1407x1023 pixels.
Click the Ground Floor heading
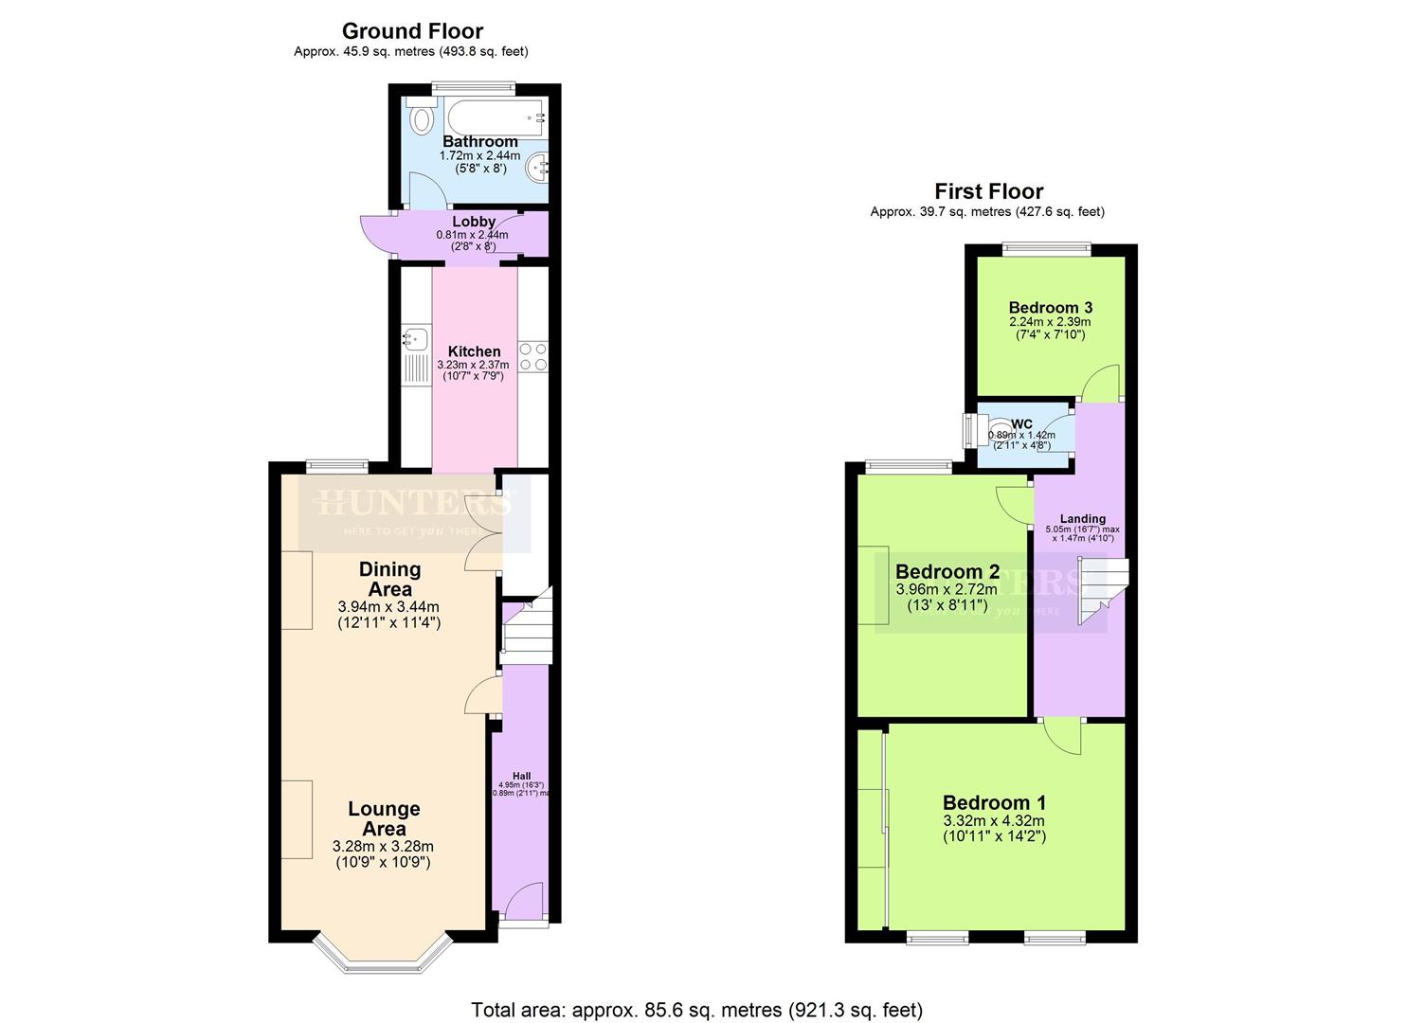(x=412, y=31)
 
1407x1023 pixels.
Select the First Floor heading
(x=988, y=191)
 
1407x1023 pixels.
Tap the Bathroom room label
(x=480, y=141)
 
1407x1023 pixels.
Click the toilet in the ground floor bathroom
(x=421, y=118)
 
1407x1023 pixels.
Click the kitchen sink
(x=415, y=336)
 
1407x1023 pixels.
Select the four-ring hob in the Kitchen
(x=532, y=355)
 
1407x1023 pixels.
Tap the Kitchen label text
(x=474, y=351)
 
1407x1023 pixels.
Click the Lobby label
(x=474, y=222)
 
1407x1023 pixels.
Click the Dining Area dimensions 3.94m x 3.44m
(x=388, y=607)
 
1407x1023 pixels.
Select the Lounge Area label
(x=384, y=818)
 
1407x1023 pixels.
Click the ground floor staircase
(x=526, y=629)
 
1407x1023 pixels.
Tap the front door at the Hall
(x=523, y=905)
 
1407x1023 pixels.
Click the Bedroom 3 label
(x=1050, y=307)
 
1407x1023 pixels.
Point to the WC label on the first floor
(x=1021, y=423)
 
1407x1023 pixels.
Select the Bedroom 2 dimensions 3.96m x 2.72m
(x=947, y=589)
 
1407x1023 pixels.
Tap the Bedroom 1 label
(x=994, y=803)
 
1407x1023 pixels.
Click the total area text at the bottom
(x=696, y=1010)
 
